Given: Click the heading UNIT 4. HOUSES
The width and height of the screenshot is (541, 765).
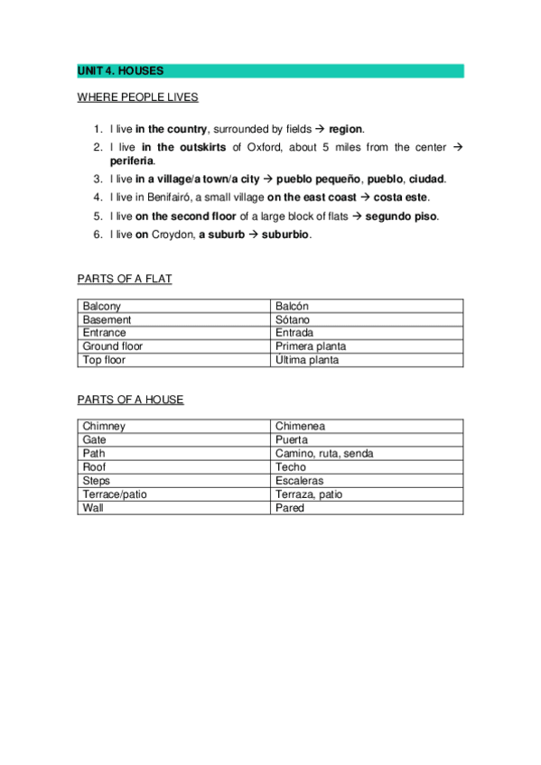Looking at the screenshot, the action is pyautogui.click(x=120, y=70).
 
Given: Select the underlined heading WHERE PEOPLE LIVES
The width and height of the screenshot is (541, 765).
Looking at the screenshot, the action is pyautogui.click(x=137, y=97).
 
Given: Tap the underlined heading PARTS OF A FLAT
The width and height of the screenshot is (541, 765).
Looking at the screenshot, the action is pyautogui.click(x=125, y=279).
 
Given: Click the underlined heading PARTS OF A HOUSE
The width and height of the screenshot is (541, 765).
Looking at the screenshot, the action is pyautogui.click(x=130, y=400).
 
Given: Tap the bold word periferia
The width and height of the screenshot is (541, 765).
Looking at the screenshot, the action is pyautogui.click(x=132, y=161).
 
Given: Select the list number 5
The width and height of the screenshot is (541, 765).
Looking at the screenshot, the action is pyautogui.click(x=98, y=217).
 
